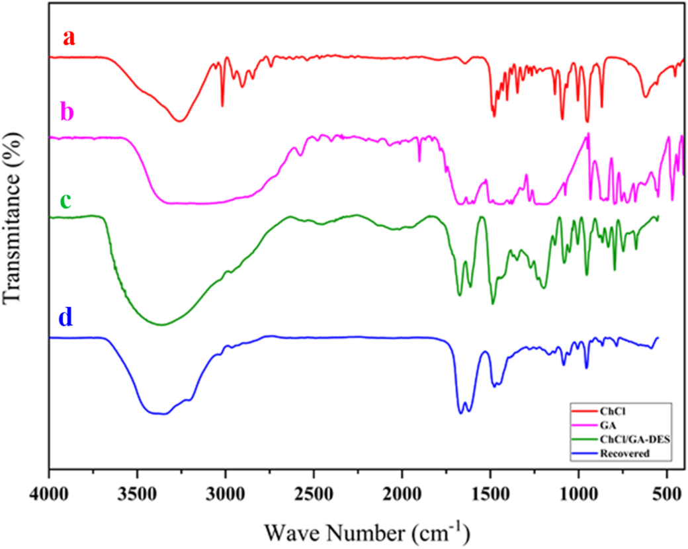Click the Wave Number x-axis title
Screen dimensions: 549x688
pyautogui.click(x=367, y=530)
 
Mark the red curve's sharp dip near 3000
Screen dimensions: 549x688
pyautogui.click(x=222, y=105)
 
